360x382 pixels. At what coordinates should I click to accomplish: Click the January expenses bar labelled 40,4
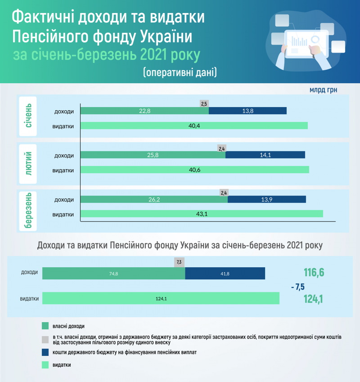pyautogui.click(x=194, y=126)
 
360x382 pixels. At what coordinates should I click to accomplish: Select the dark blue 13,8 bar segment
pyautogui.click(x=247, y=111)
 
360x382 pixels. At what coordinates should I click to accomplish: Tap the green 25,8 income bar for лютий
pyautogui.click(x=153, y=155)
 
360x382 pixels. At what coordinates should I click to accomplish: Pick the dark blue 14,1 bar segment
pyautogui.click(x=265, y=155)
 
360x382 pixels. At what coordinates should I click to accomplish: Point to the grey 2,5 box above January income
pyautogui.click(x=204, y=103)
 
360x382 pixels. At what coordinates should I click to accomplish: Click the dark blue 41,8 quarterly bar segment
pyautogui.click(x=225, y=273)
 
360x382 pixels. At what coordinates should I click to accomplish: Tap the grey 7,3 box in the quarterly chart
pyautogui.click(x=179, y=262)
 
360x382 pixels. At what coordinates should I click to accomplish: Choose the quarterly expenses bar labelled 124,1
pyautogui.click(x=161, y=298)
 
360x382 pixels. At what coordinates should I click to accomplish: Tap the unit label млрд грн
pyautogui.click(x=323, y=90)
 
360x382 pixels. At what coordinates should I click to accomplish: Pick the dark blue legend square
pyautogui.click(x=45, y=352)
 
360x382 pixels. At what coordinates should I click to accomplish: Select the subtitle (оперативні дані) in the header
pyautogui.click(x=180, y=72)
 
